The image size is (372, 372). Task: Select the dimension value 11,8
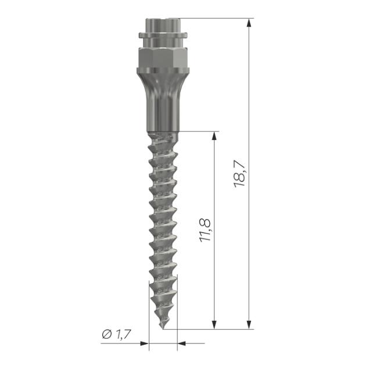(x=205, y=230)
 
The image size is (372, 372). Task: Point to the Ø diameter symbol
(x=106, y=334)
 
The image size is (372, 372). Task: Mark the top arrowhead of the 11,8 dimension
(x=214, y=136)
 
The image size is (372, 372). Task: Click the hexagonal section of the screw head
(x=162, y=58)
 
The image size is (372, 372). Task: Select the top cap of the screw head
(x=162, y=26)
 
